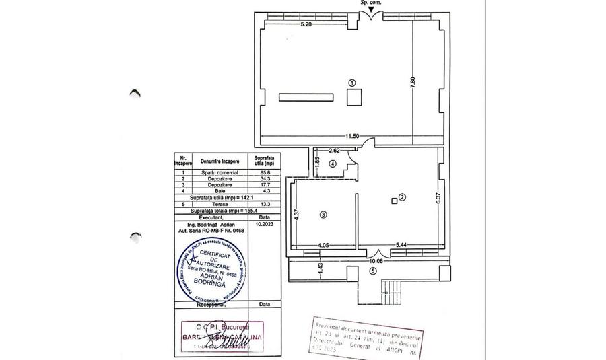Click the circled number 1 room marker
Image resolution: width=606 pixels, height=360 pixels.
click(x=352, y=81)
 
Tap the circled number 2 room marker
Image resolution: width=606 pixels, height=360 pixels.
click(x=402, y=197)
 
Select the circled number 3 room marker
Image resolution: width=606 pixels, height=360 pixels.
click(x=323, y=215)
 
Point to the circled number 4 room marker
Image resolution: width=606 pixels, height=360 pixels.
click(x=333, y=164)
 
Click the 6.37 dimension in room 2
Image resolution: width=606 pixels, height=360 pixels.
click(x=438, y=199)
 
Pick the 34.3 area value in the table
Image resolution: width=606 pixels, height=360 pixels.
click(x=257, y=178)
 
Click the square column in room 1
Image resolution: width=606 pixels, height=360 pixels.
click(x=353, y=98)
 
